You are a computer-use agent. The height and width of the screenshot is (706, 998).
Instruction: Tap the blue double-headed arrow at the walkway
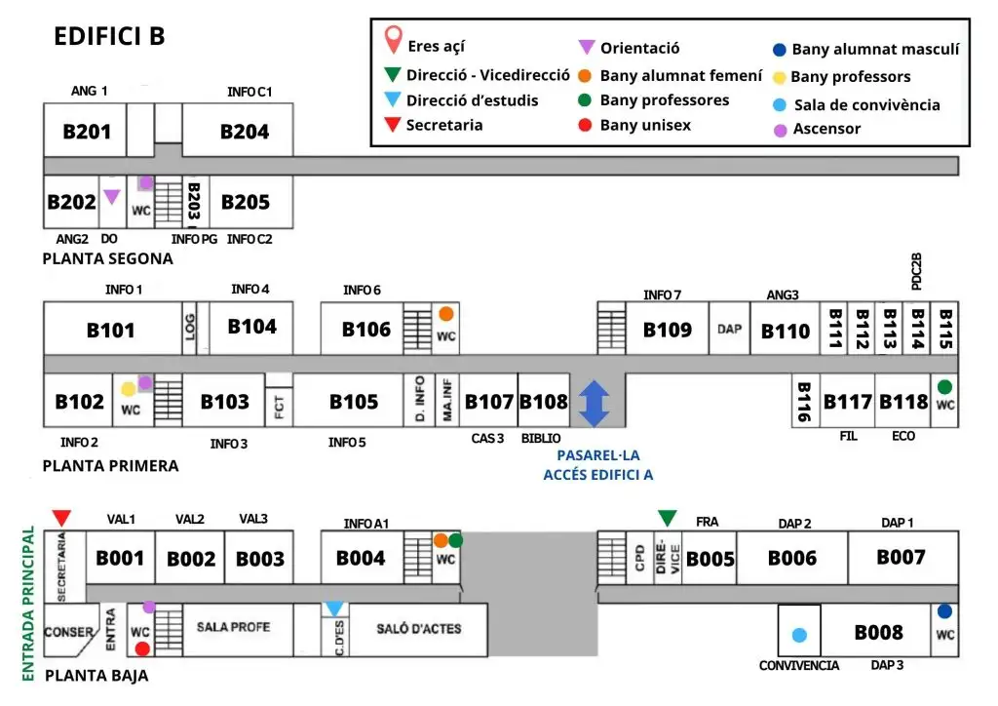tap(594, 404)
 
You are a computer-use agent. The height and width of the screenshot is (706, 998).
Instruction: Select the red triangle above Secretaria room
tap(61, 518)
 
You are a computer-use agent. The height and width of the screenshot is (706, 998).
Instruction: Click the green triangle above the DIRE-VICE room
tap(667, 518)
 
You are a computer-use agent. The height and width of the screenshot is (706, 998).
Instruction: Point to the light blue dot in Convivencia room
tap(799, 635)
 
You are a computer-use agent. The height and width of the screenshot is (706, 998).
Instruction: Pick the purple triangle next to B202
tap(112, 197)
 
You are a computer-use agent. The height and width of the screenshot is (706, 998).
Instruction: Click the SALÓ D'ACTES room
tap(418, 629)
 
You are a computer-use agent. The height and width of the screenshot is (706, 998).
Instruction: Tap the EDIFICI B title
tap(109, 36)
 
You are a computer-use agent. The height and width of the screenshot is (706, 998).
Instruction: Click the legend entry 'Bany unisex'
tap(645, 125)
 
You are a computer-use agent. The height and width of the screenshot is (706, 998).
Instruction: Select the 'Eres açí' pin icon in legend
tap(394, 39)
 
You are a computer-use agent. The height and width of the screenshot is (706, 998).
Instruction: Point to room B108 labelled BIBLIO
tap(544, 401)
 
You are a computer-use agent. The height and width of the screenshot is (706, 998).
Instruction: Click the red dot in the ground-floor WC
tap(142, 648)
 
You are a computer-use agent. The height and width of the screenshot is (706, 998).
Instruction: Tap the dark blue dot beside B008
tap(944, 611)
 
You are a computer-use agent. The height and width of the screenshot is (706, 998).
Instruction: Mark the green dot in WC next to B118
tap(944, 386)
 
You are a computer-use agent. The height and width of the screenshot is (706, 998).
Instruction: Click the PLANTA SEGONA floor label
tap(107, 258)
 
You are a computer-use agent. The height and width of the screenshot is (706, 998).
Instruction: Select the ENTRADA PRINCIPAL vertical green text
tap(28, 604)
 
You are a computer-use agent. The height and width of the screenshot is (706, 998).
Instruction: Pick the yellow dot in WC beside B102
tap(129, 389)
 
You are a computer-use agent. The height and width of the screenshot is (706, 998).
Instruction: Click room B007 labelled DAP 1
tap(902, 558)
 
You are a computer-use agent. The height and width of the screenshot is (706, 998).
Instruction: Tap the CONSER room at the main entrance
tap(69, 631)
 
